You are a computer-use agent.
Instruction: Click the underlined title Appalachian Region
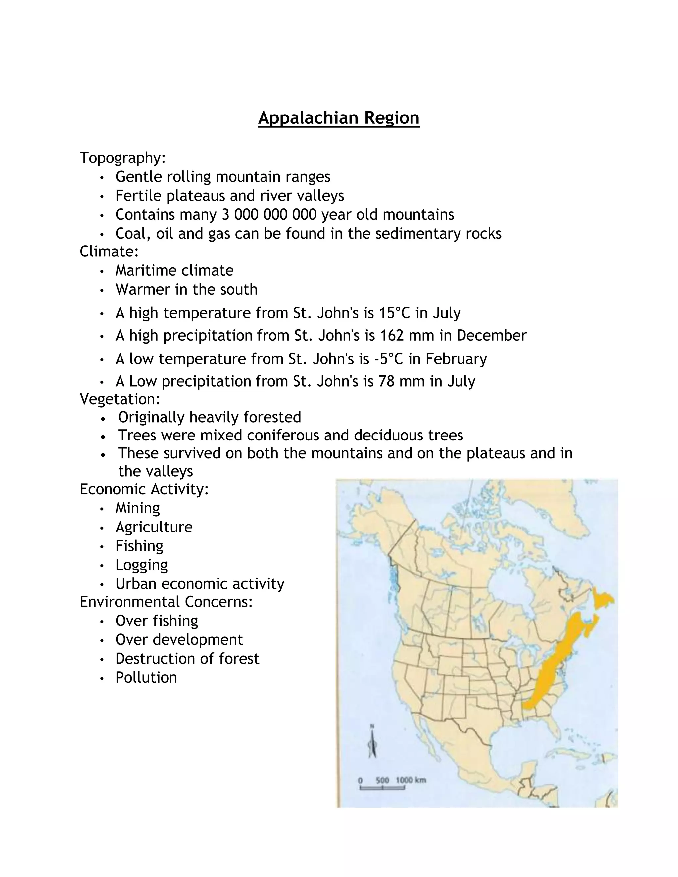[339, 118]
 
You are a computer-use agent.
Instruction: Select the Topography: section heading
[122, 158]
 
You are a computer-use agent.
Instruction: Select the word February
[456, 359]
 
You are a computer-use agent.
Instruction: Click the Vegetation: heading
[120, 399]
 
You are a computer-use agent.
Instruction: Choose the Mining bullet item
[137, 508]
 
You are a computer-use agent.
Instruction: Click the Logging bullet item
[141, 565]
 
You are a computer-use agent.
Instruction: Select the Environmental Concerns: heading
[166, 602]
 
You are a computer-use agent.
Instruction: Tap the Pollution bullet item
[146, 678]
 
